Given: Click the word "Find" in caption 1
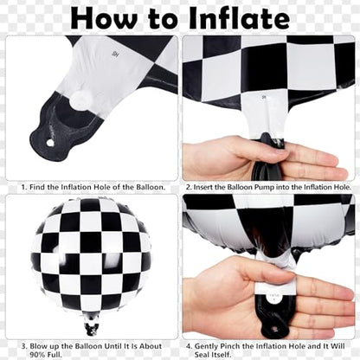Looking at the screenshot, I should tap(37, 186).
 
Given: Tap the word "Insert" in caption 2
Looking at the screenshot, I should tap(209, 186).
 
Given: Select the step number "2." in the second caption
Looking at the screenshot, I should tap(188, 186).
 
